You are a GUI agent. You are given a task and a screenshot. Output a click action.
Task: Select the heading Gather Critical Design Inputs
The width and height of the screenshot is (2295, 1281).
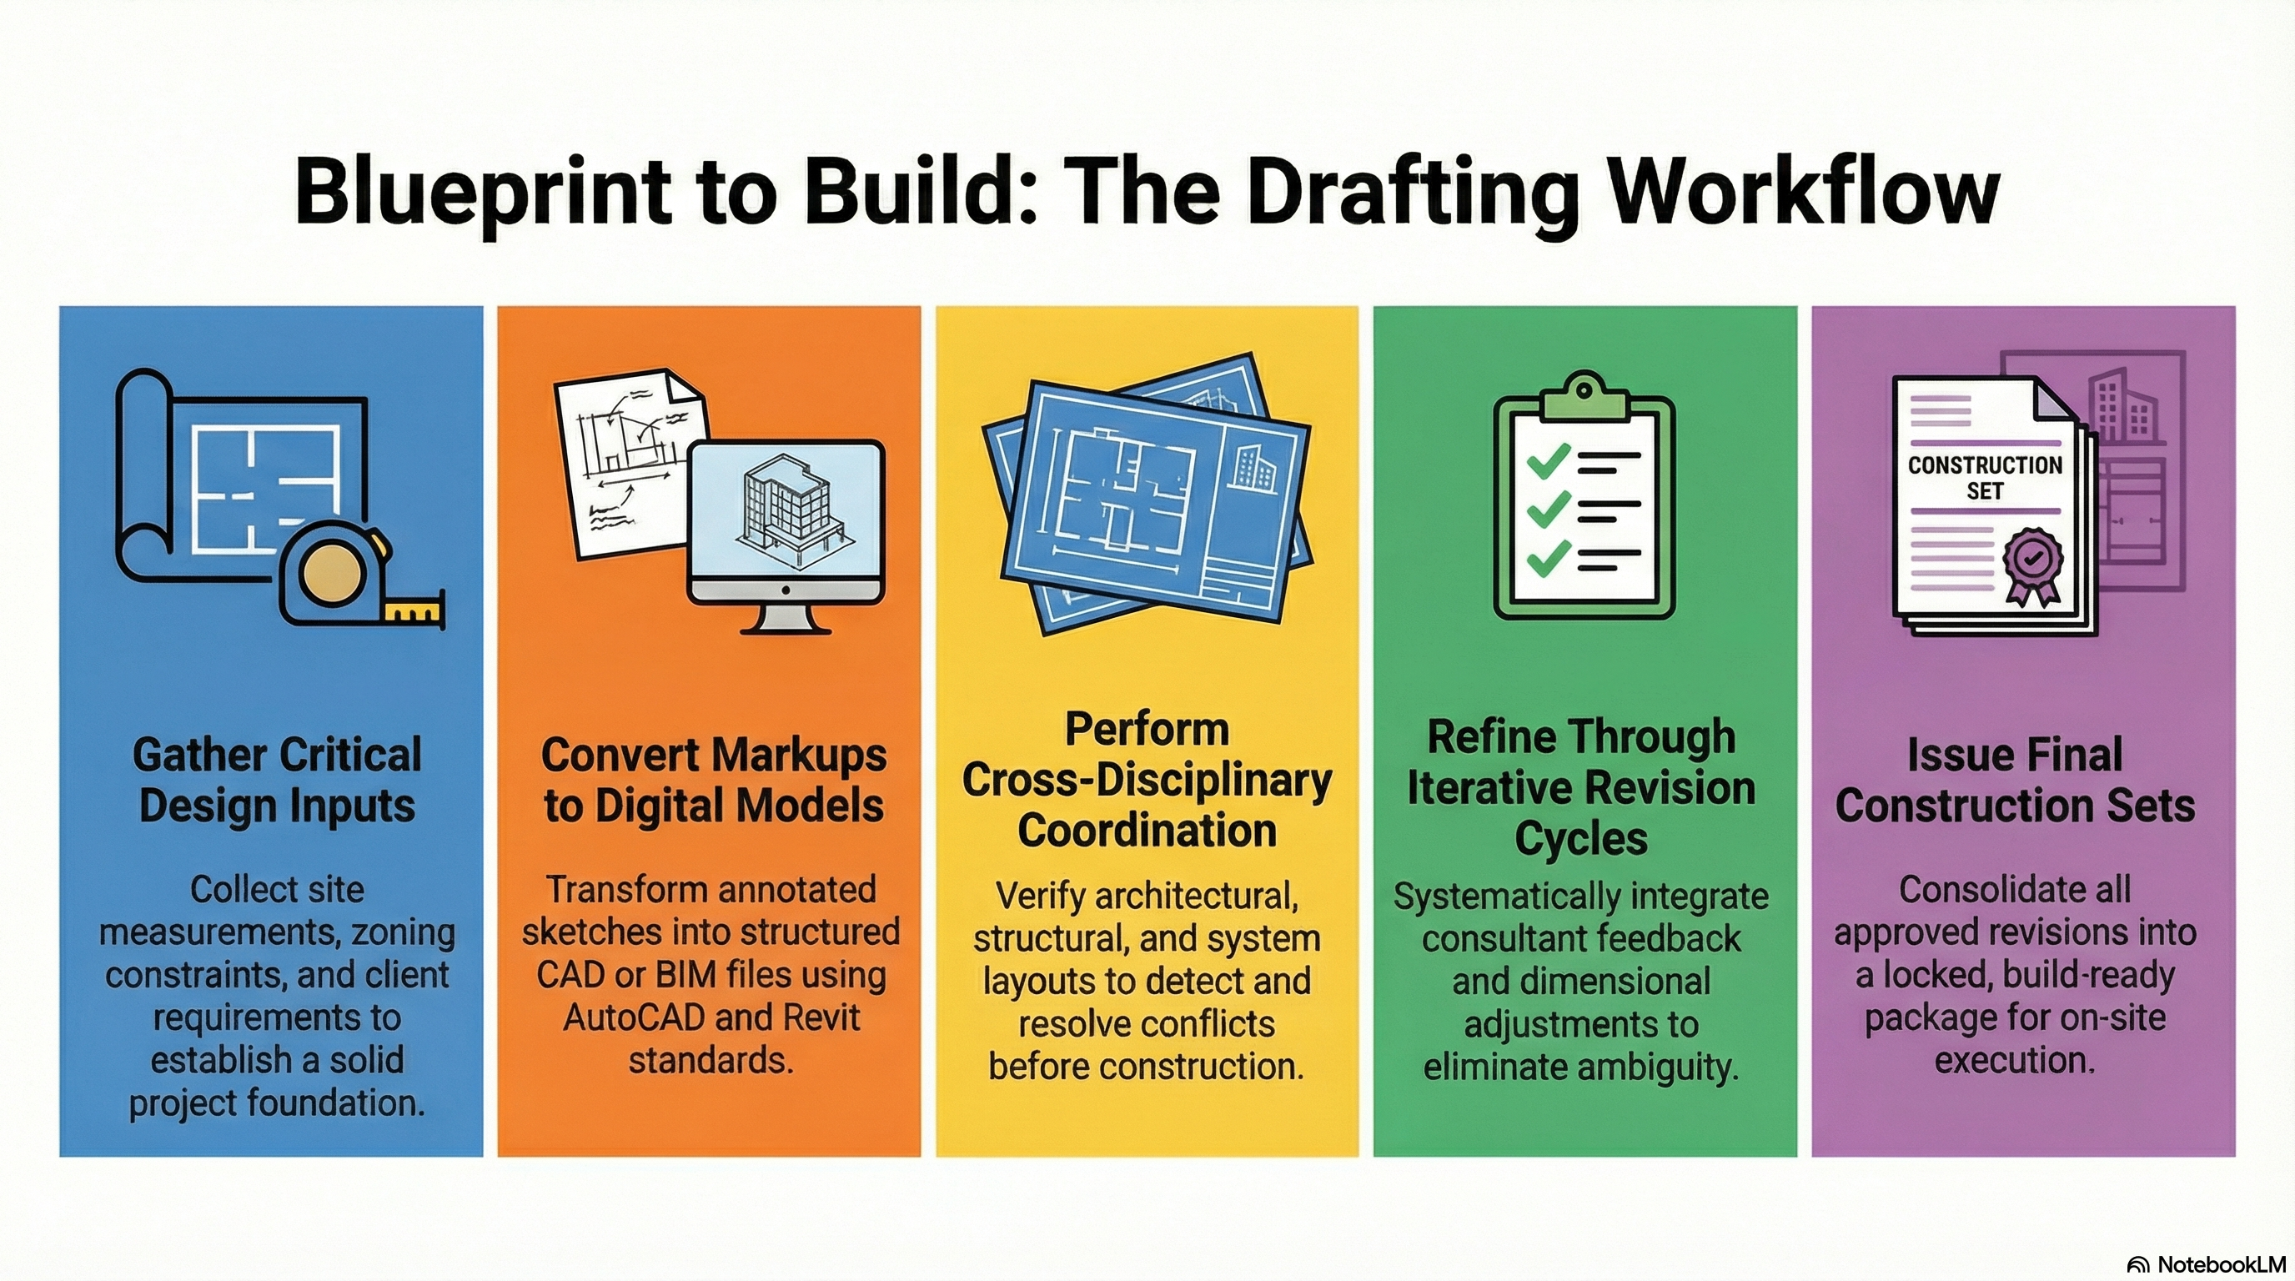tap(276, 780)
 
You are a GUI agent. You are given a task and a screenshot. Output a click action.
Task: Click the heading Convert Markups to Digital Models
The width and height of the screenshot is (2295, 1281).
tap(714, 780)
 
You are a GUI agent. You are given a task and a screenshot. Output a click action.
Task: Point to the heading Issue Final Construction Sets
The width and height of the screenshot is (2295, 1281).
tap(2014, 780)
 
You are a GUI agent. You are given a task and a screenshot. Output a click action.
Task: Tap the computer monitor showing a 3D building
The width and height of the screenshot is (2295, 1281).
tap(786, 525)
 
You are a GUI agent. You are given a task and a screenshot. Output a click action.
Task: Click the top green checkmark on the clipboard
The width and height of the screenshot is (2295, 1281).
tap(1549, 460)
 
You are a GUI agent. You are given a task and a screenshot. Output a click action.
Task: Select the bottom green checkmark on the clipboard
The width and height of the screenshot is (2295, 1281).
tap(1549, 558)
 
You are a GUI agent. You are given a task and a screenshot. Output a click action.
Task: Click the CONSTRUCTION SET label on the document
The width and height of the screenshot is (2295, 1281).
tap(1985, 479)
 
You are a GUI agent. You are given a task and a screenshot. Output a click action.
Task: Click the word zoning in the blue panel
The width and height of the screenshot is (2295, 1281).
tap(404, 932)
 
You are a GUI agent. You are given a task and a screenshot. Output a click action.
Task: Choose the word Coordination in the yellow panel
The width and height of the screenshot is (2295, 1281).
tap(1147, 831)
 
